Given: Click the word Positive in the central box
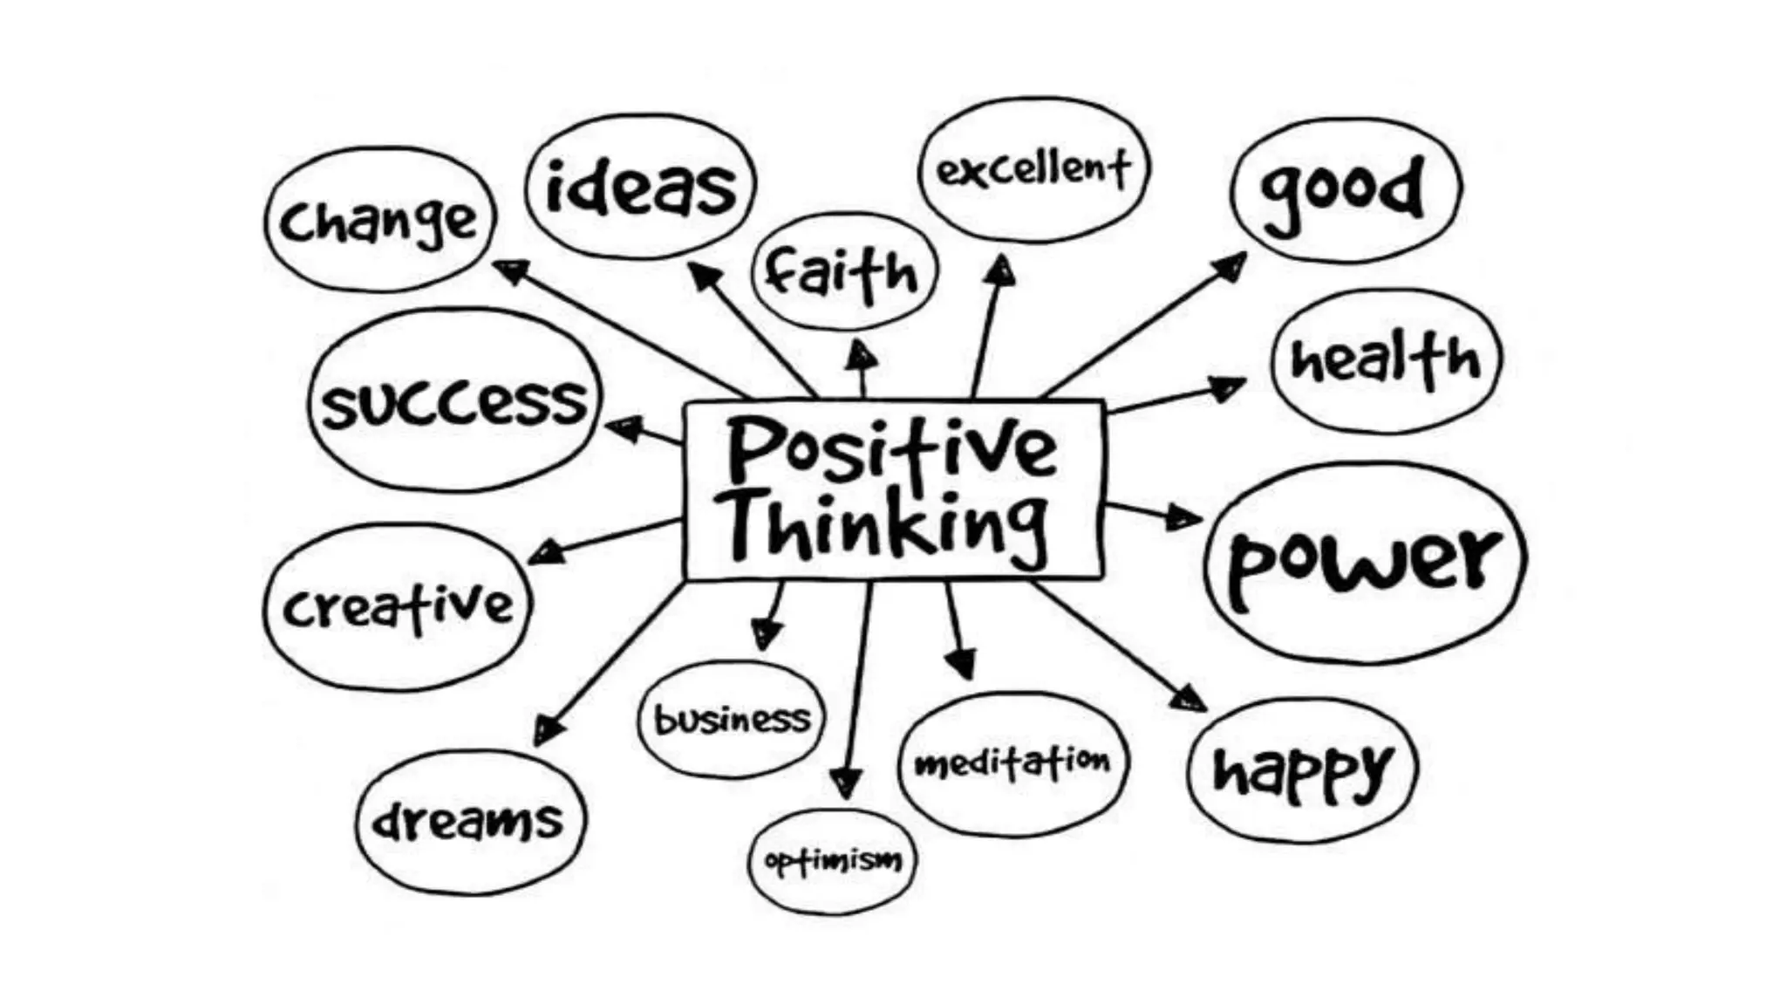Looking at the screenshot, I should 891,449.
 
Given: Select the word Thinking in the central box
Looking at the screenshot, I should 888,525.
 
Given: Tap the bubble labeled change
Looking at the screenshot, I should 379,220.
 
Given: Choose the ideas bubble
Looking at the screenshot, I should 641,187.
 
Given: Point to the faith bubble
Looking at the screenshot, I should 843,272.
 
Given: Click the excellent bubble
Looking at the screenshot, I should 1034,169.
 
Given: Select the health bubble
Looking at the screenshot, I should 1386,360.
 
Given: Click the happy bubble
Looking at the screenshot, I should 1302,770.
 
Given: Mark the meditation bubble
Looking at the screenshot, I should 1012,763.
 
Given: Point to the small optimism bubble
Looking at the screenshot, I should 833,861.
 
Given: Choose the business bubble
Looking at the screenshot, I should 731,720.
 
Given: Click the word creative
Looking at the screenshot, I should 398,607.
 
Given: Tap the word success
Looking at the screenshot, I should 455,403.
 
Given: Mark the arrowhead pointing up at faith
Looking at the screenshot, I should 862,355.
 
